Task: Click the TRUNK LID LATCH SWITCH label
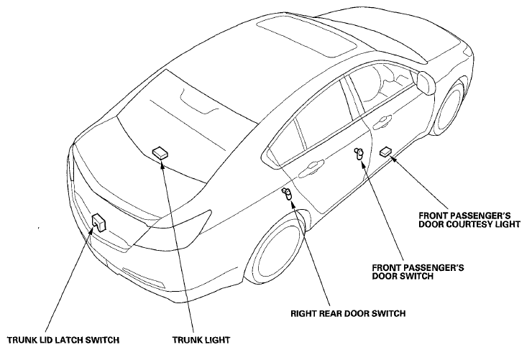click(63, 340)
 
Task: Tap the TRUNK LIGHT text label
click(201, 340)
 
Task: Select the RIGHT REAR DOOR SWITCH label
click(348, 313)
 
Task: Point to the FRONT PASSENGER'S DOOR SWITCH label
click(418, 272)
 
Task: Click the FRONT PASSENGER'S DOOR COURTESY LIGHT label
click(469, 220)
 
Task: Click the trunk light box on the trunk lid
click(160, 152)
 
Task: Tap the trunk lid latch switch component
click(99, 222)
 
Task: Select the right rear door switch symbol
click(287, 193)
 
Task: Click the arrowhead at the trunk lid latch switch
click(93, 229)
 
